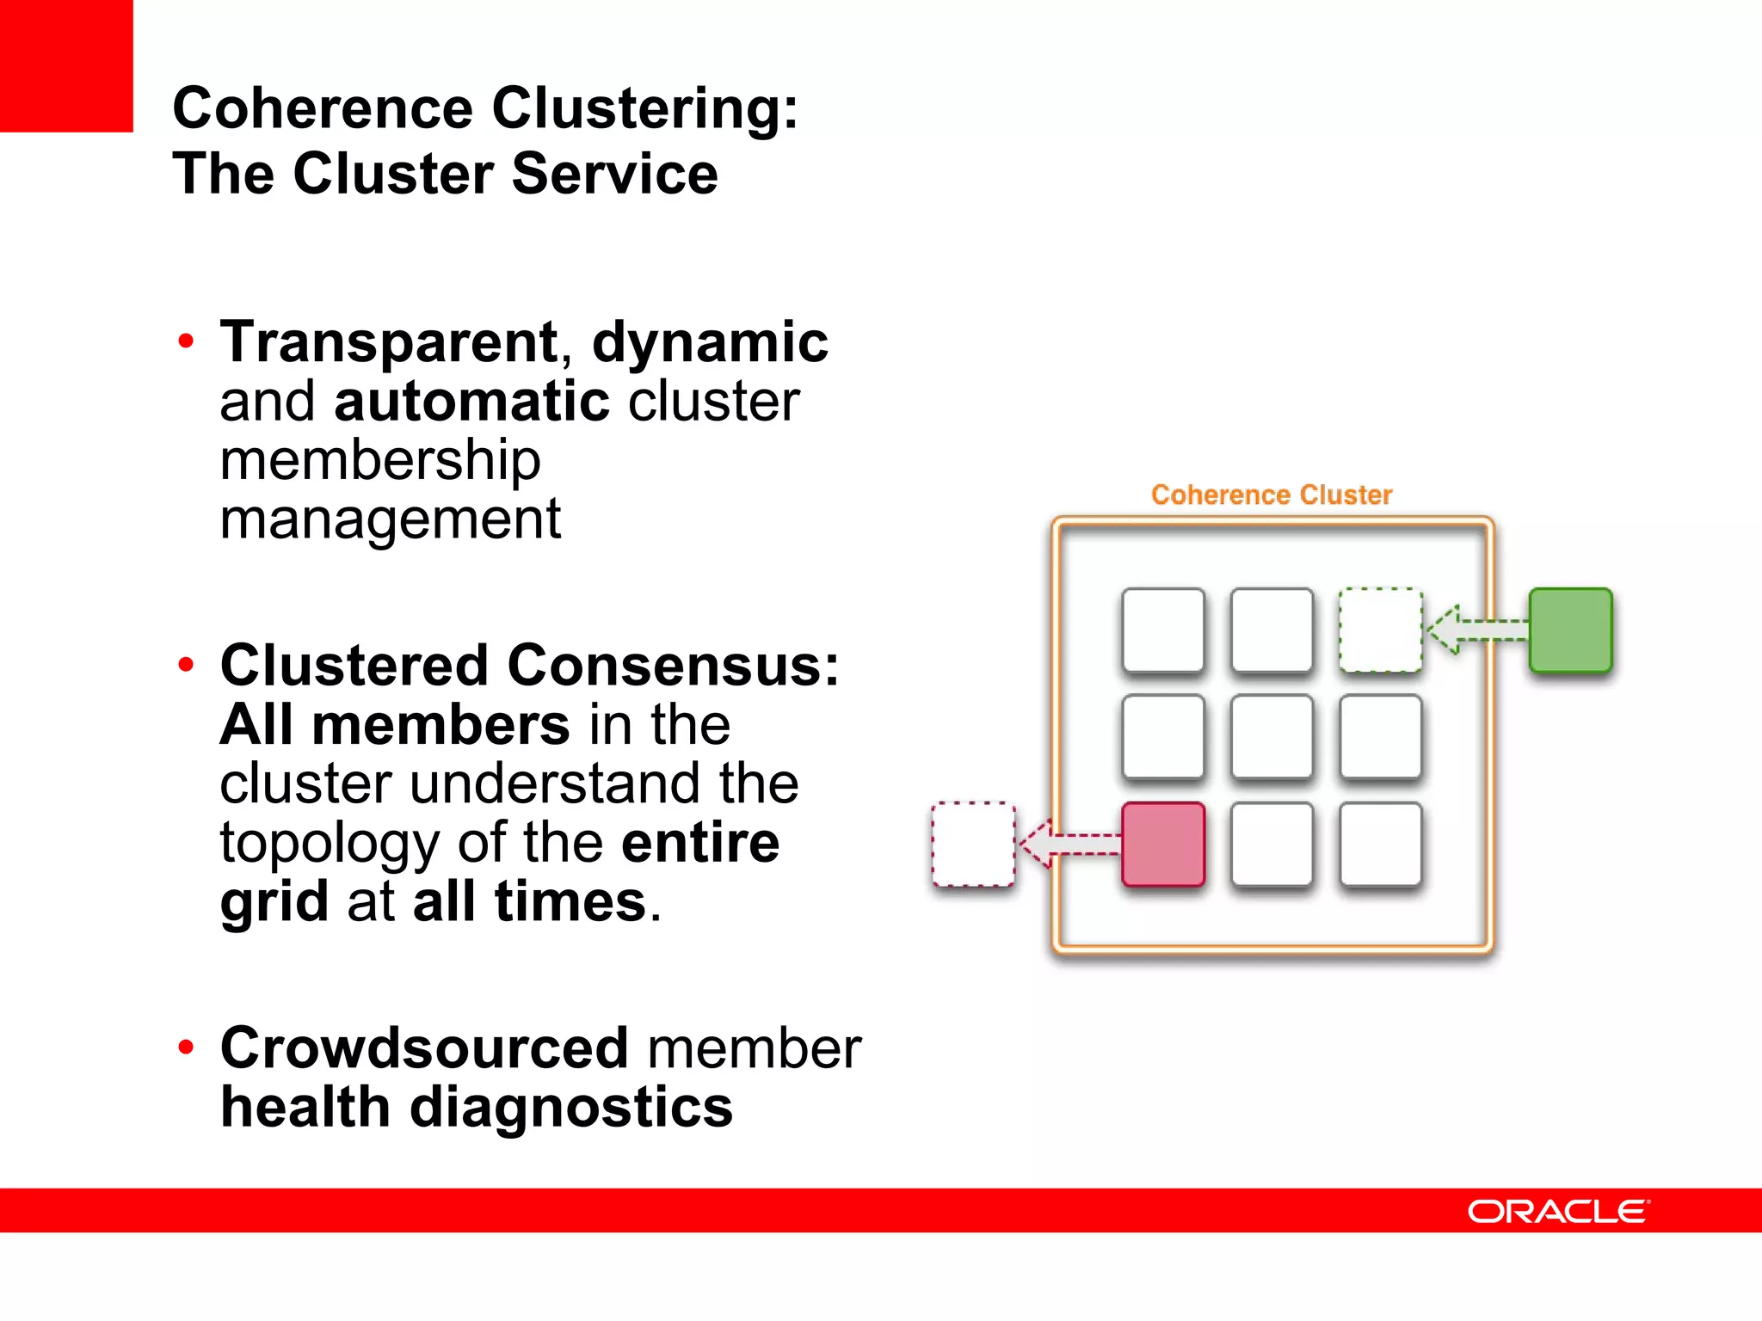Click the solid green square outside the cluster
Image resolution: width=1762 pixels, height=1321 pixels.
pyautogui.click(x=1570, y=630)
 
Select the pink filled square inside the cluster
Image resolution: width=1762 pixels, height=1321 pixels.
pyautogui.click(x=1163, y=844)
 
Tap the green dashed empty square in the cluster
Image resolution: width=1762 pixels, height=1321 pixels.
pyautogui.click(x=1380, y=630)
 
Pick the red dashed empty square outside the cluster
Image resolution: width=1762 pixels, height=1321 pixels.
pyautogui.click(x=973, y=844)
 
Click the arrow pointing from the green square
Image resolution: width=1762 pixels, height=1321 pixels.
pyautogui.click(x=1475, y=630)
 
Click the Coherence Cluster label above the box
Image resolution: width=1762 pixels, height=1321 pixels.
pyautogui.click(x=1271, y=495)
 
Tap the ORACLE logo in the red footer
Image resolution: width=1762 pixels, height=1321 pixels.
pyautogui.click(x=1558, y=1211)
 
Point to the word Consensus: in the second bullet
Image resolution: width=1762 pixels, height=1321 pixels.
pyautogui.click(x=673, y=666)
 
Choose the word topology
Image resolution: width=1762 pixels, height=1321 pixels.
pyautogui.click(x=330, y=843)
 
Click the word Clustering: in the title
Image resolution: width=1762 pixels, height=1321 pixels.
pyautogui.click(x=644, y=108)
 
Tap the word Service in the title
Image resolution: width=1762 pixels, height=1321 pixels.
pyautogui.click(x=614, y=174)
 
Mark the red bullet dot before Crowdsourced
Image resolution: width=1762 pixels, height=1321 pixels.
pyautogui.click(x=186, y=1047)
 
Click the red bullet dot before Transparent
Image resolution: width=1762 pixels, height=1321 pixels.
pyautogui.click(x=186, y=341)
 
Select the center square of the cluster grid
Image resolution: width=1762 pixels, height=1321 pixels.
pyautogui.click(x=1272, y=737)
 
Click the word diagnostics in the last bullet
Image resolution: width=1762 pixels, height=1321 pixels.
pyautogui.click(x=571, y=1107)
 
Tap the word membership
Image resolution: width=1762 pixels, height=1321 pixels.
pyautogui.click(x=379, y=459)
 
